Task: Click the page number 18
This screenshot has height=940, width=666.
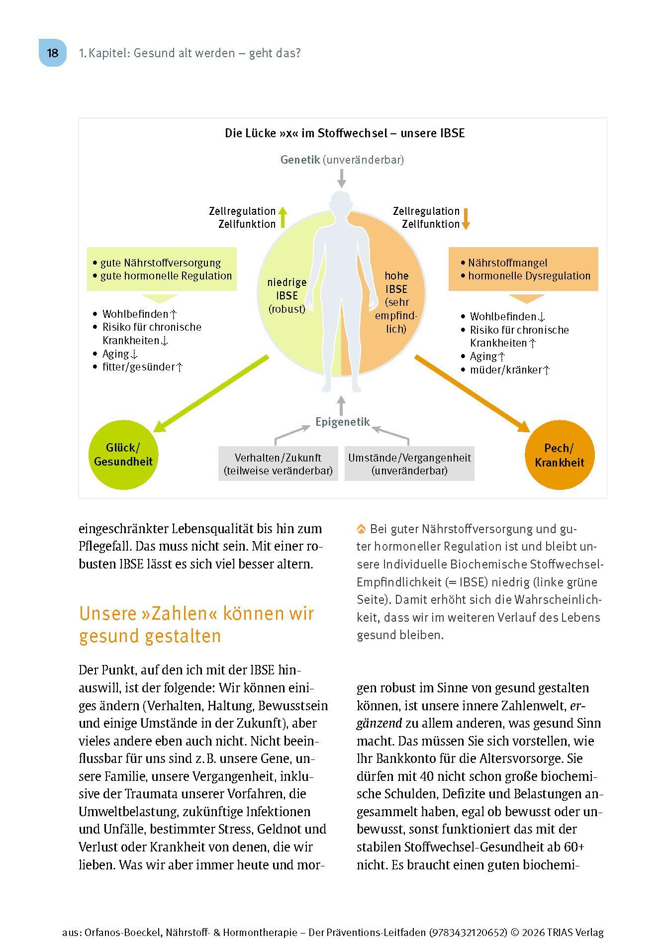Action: [x=52, y=53]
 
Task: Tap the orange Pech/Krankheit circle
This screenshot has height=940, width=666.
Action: [x=560, y=455]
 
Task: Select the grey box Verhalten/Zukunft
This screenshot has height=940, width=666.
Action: [x=278, y=464]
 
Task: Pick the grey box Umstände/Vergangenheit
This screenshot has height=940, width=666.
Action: [x=409, y=464]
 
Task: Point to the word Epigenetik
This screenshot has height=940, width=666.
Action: [x=343, y=422]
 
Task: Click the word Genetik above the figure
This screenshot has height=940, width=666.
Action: [x=300, y=160]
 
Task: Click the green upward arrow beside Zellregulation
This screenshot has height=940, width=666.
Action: [x=283, y=217]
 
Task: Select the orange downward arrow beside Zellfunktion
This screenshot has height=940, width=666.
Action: [x=466, y=218]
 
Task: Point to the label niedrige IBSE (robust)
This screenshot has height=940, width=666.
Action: [x=287, y=295]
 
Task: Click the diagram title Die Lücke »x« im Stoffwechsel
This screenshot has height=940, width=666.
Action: [x=345, y=133]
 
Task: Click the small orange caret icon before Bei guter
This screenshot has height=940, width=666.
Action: [x=362, y=529]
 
